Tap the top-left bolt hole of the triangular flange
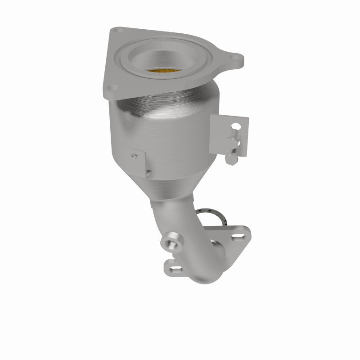coord(118,31)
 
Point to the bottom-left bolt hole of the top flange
coord(113,86)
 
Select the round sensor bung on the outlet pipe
coord(171,243)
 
